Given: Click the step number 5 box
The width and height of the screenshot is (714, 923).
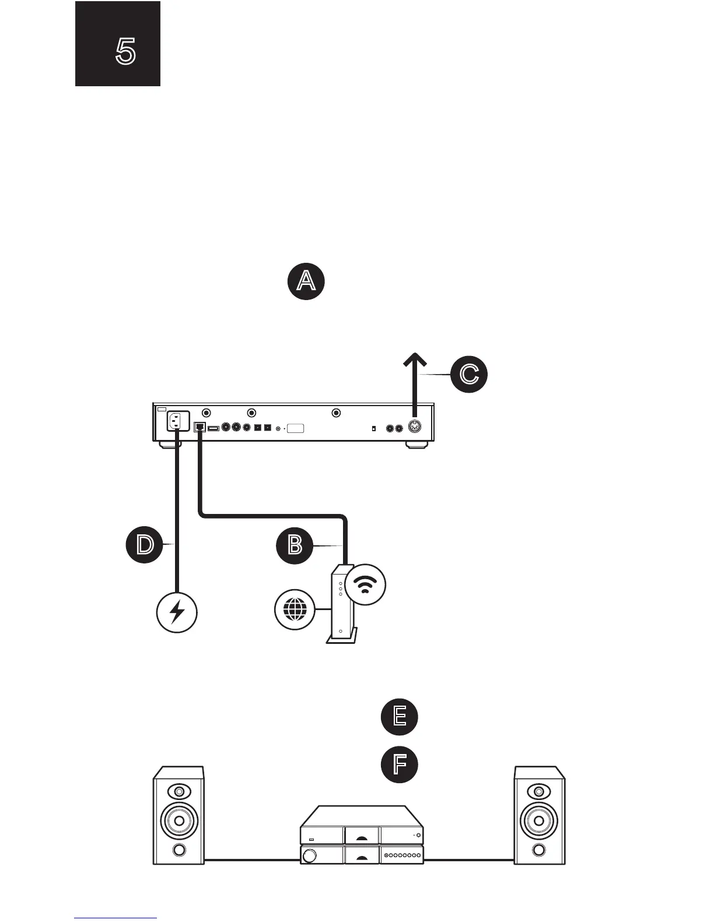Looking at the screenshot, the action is click(117, 44).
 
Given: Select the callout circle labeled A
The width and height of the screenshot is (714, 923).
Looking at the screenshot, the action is click(306, 281).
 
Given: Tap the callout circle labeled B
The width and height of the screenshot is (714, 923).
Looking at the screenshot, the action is click(295, 546).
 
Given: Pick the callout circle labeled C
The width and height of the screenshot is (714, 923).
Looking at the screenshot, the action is click(468, 374).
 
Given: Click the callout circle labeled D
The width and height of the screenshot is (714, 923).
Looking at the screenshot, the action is click(145, 545).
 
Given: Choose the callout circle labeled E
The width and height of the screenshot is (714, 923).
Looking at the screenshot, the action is click(400, 716).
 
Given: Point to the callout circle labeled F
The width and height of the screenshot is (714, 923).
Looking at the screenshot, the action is click(400, 765).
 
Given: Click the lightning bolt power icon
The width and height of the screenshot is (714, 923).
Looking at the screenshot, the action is click(177, 612).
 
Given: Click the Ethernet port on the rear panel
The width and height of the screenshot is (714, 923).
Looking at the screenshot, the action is click(200, 427).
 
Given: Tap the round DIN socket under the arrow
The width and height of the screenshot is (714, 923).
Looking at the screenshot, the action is click(415, 427).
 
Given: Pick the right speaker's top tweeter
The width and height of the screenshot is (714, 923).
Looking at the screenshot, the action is click(539, 792).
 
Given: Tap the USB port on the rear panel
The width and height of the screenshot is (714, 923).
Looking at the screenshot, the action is click(213, 428).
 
